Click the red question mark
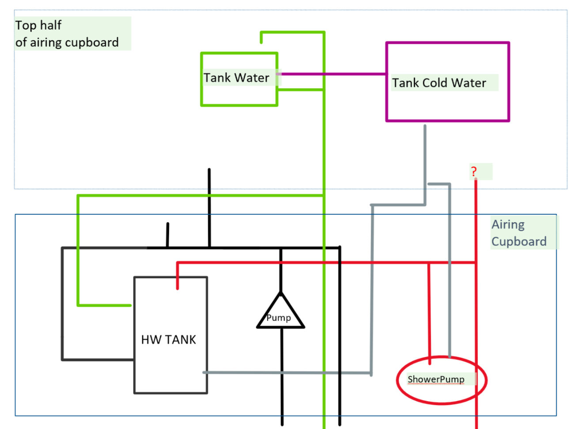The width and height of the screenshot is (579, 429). click(x=474, y=171)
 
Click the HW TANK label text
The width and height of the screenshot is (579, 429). click(x=168, y=339)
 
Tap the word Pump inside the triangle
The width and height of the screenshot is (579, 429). click(x=279, y=318)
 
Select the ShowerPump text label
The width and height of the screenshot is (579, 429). click(x=436, y=379)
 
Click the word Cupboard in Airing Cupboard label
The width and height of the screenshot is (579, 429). click(x=519, y=241)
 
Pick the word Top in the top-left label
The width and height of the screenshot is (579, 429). click(x=26, y=25)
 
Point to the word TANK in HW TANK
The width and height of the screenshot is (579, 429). click(x=181, y=339)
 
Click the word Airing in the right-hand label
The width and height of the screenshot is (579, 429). click(x=508, y=224)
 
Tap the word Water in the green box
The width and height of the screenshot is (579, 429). click(x=252, y=78)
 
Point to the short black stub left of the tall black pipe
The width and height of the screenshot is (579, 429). click(x=167, y=235)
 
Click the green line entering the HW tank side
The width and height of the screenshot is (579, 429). click(x=106, y=305)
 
